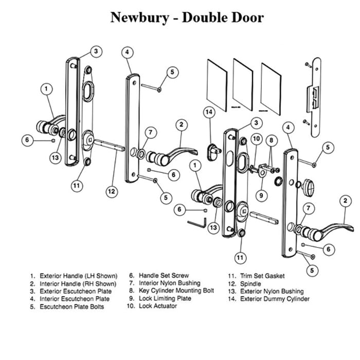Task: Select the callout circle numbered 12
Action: (112, 191)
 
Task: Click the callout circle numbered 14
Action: (209, 112)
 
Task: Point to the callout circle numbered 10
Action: (256, 139)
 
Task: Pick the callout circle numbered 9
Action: (262, 195)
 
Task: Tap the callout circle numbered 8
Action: (271, 139)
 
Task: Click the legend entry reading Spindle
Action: (250, 283)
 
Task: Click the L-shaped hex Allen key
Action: (197, 223)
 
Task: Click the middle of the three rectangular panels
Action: (244, 85)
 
